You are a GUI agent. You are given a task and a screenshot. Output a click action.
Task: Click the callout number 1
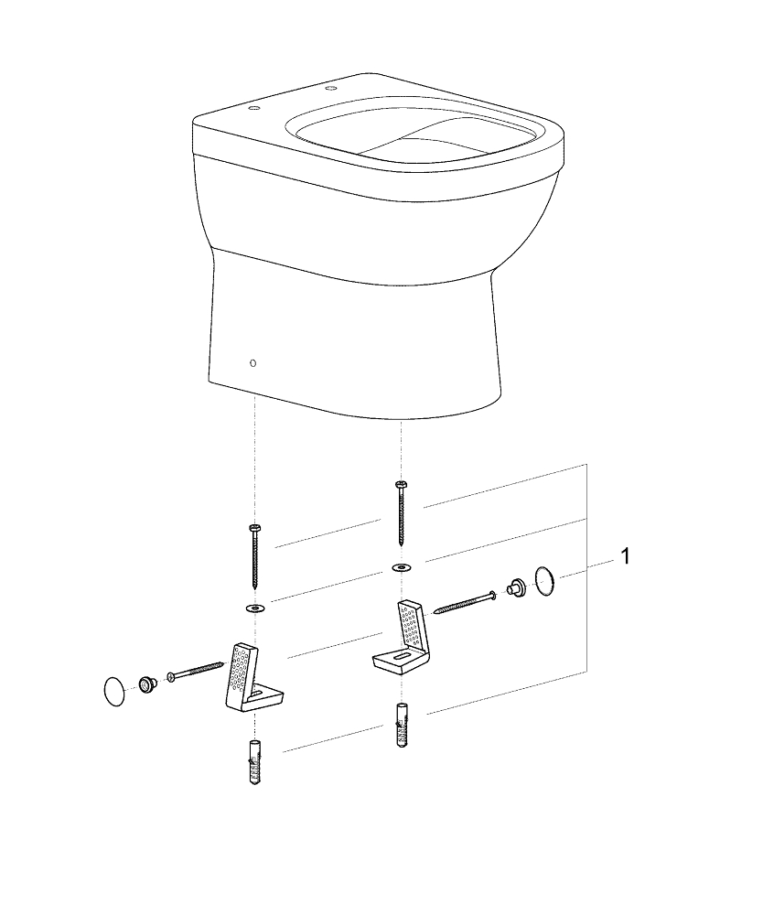pos(626,556)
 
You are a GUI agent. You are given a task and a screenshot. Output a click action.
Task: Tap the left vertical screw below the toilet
pos(254,555)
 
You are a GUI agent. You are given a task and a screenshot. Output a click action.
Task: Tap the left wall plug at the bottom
pos(254,763)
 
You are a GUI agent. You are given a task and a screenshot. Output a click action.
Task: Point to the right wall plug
pos(402,726)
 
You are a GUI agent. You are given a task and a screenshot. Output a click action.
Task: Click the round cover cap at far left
pos(114,692)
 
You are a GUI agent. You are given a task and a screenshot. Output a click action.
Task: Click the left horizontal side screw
pos(196,670)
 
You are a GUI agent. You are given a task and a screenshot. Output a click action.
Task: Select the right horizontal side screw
pos(465,603)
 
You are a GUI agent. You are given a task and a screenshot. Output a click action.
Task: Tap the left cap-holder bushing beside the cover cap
pos(145,684)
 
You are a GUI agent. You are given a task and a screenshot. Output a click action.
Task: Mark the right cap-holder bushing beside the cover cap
pos(515,587)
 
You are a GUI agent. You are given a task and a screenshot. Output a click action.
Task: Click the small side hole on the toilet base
pos(253,363)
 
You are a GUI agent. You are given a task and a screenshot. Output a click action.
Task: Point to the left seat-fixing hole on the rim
pos(253,109)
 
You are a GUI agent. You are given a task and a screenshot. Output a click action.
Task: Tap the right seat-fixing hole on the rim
pos(331,90)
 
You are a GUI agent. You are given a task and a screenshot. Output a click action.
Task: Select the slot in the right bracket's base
pos(403,657)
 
